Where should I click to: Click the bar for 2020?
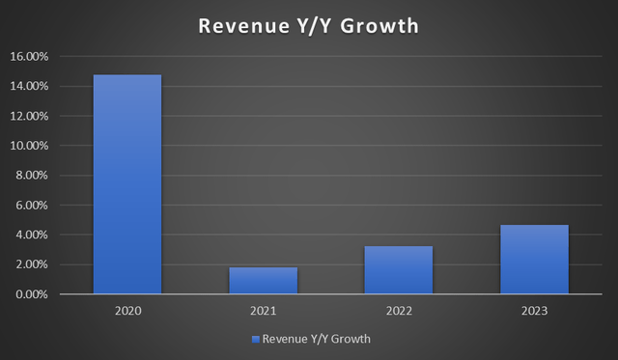click(x=127, y=184)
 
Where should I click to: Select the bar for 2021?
click(x=263, y=280)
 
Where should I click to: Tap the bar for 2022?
click(x=398, y=269)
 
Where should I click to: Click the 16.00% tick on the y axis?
click(x=35, y=57)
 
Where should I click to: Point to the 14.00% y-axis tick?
click(x=35, y=87)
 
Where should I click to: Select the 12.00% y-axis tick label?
click(x=35, y=117)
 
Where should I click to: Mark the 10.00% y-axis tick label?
click(x=35, y=147)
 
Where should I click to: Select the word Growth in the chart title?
click(x=379, y=26)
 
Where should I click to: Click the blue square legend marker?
click(x=256, y=340)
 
